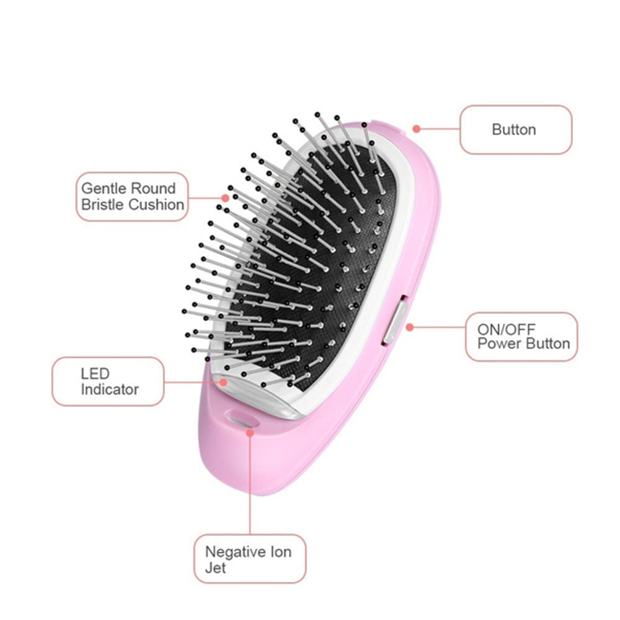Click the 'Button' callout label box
(x=516, y=130)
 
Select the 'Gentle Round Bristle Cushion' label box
(x=131, y=197)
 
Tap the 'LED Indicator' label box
(x=108, y=381)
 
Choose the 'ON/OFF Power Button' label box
(x=521, y=337)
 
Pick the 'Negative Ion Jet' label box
(x=250, y=559)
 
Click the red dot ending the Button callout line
(x=416, y=129)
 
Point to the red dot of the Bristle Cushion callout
(x=225, y=198)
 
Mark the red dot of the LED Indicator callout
(x=223, y=382)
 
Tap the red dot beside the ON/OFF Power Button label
(x=410, y=327)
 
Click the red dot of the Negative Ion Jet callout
(x=250, y=433)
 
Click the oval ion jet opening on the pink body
(x=242, y=419)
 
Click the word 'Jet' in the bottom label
(x=215, y=568)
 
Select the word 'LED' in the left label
(x=95, y=374)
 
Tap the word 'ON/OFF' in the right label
(x=506, y=329)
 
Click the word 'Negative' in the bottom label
(x=235, y=552)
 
